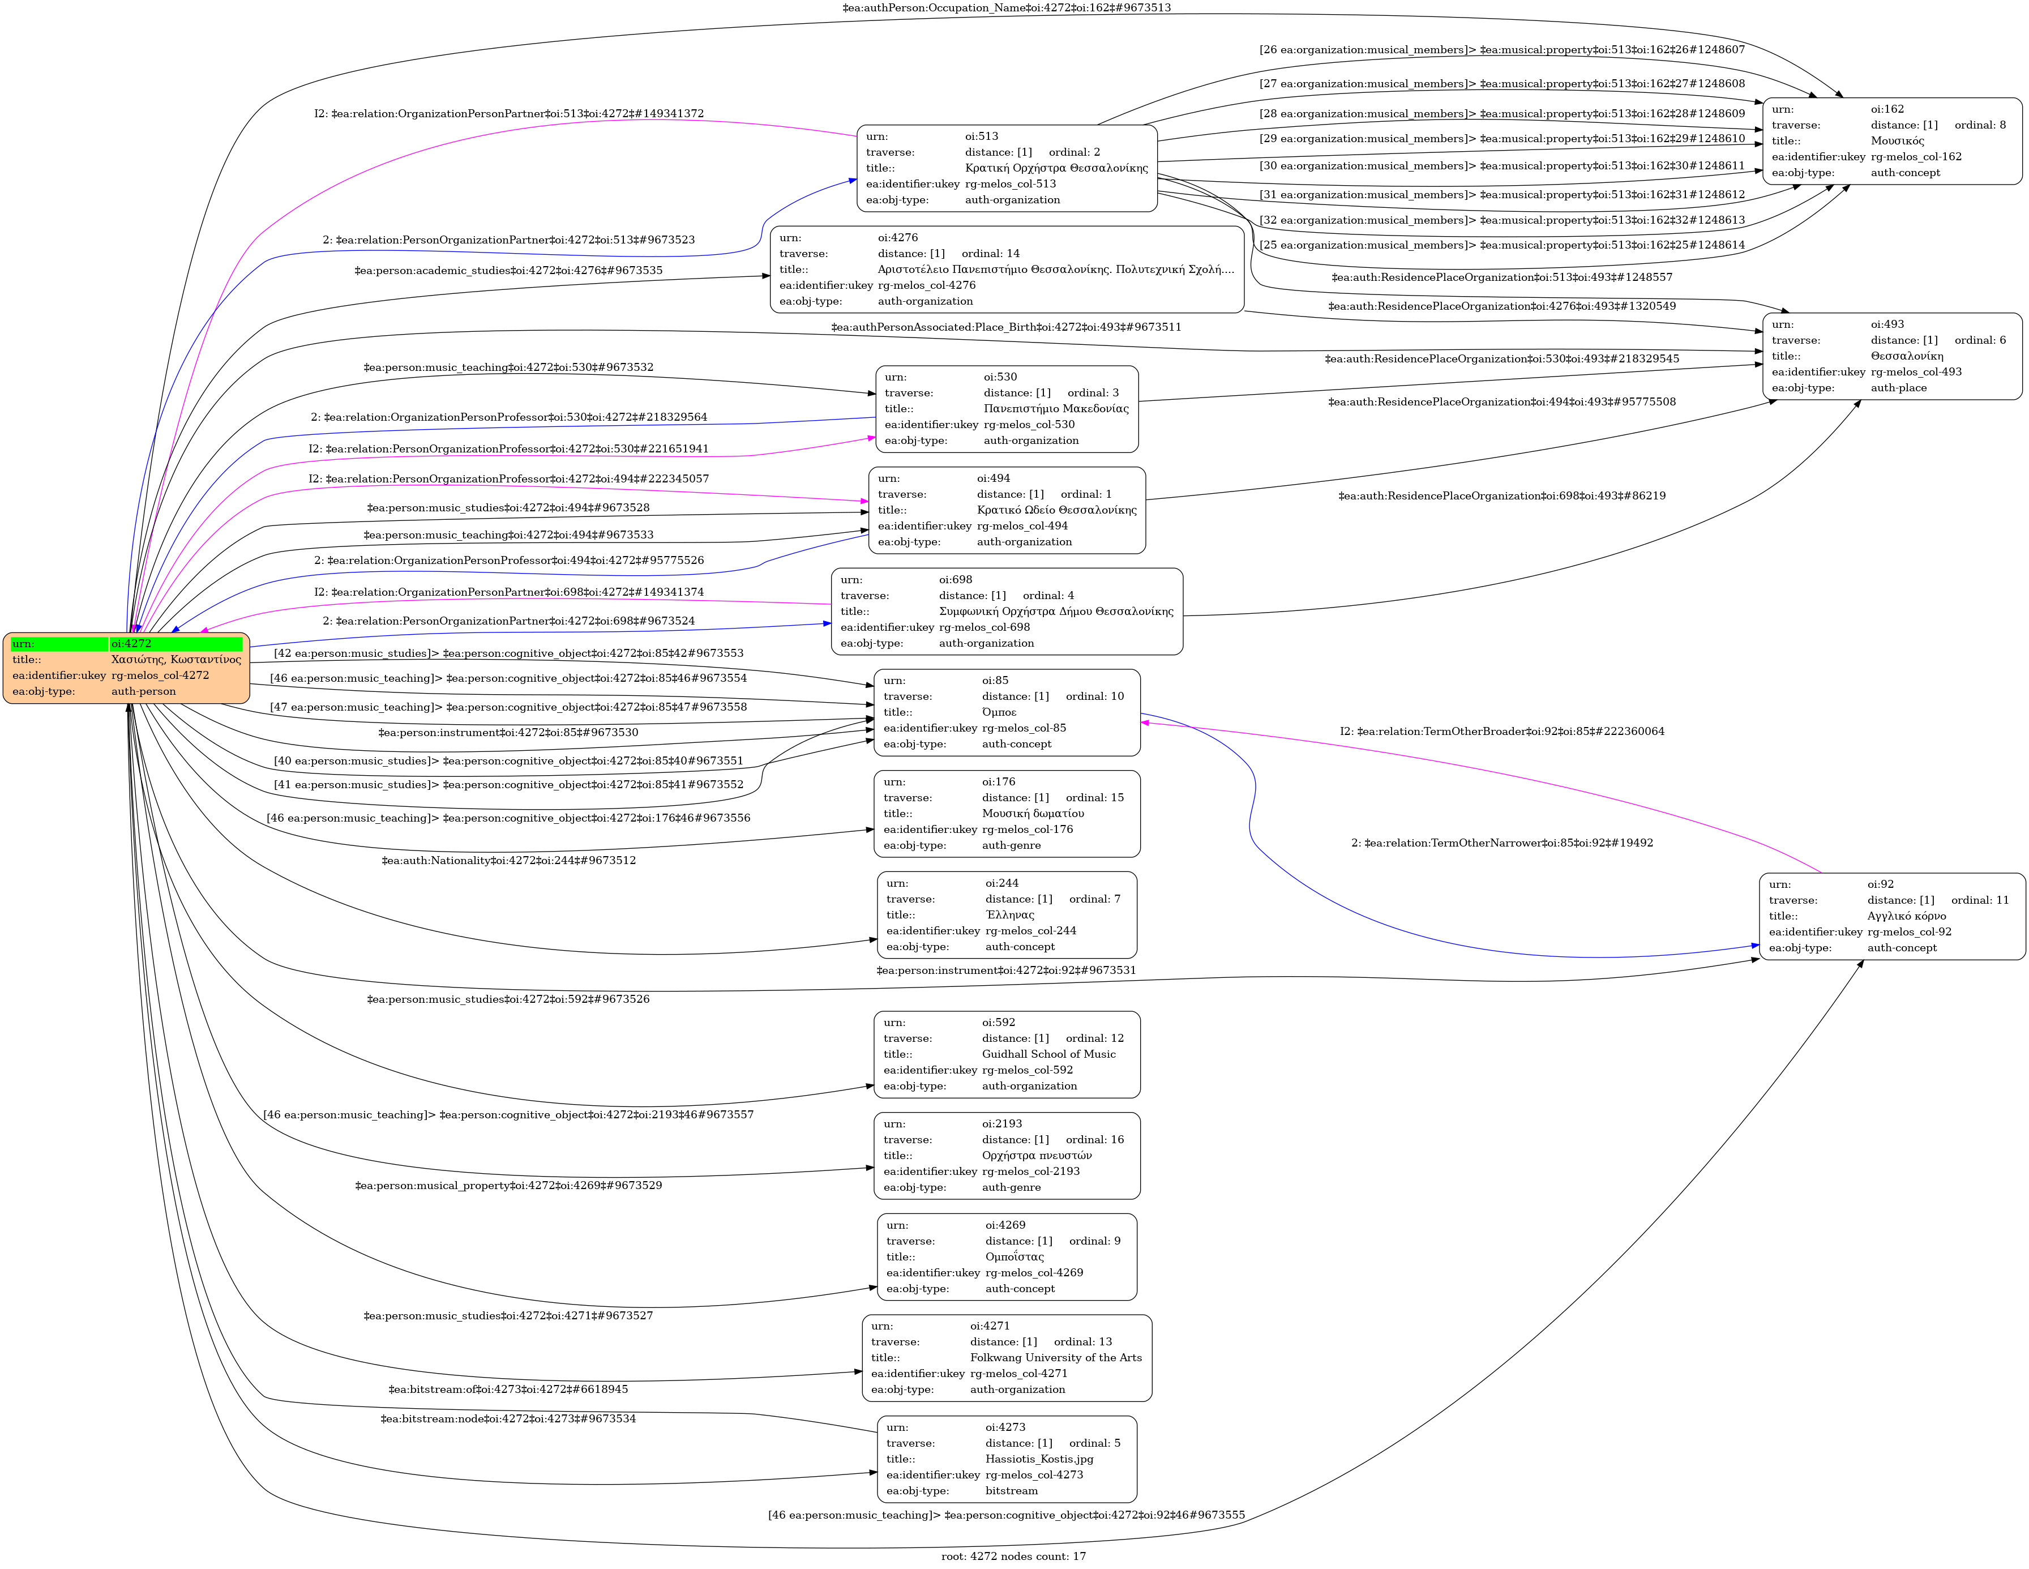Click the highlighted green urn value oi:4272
click(131, 643)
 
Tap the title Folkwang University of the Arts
click(1055, 1357)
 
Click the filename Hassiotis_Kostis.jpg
click(1039, 1459)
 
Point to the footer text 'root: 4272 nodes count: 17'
click(1013, 1556)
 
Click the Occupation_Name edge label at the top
click(1006, 7)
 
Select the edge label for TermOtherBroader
click(1501, 731)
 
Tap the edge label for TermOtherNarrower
click(1501, 843)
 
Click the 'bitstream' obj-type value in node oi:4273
click(1011, 1490)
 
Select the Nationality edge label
click(508, 860)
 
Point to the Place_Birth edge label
click(1006, 327)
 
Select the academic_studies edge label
click(508, 270)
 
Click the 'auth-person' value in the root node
click(143, 691)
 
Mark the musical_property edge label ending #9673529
click(508, 1185)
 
